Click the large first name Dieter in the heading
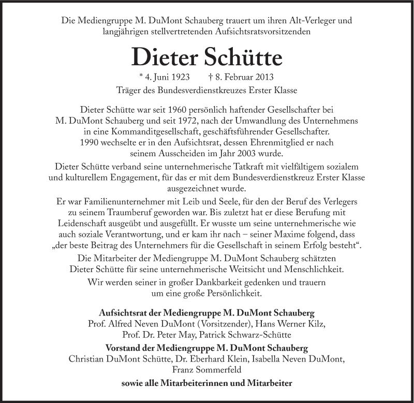pos(166,56)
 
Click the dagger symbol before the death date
pos(211,77)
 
